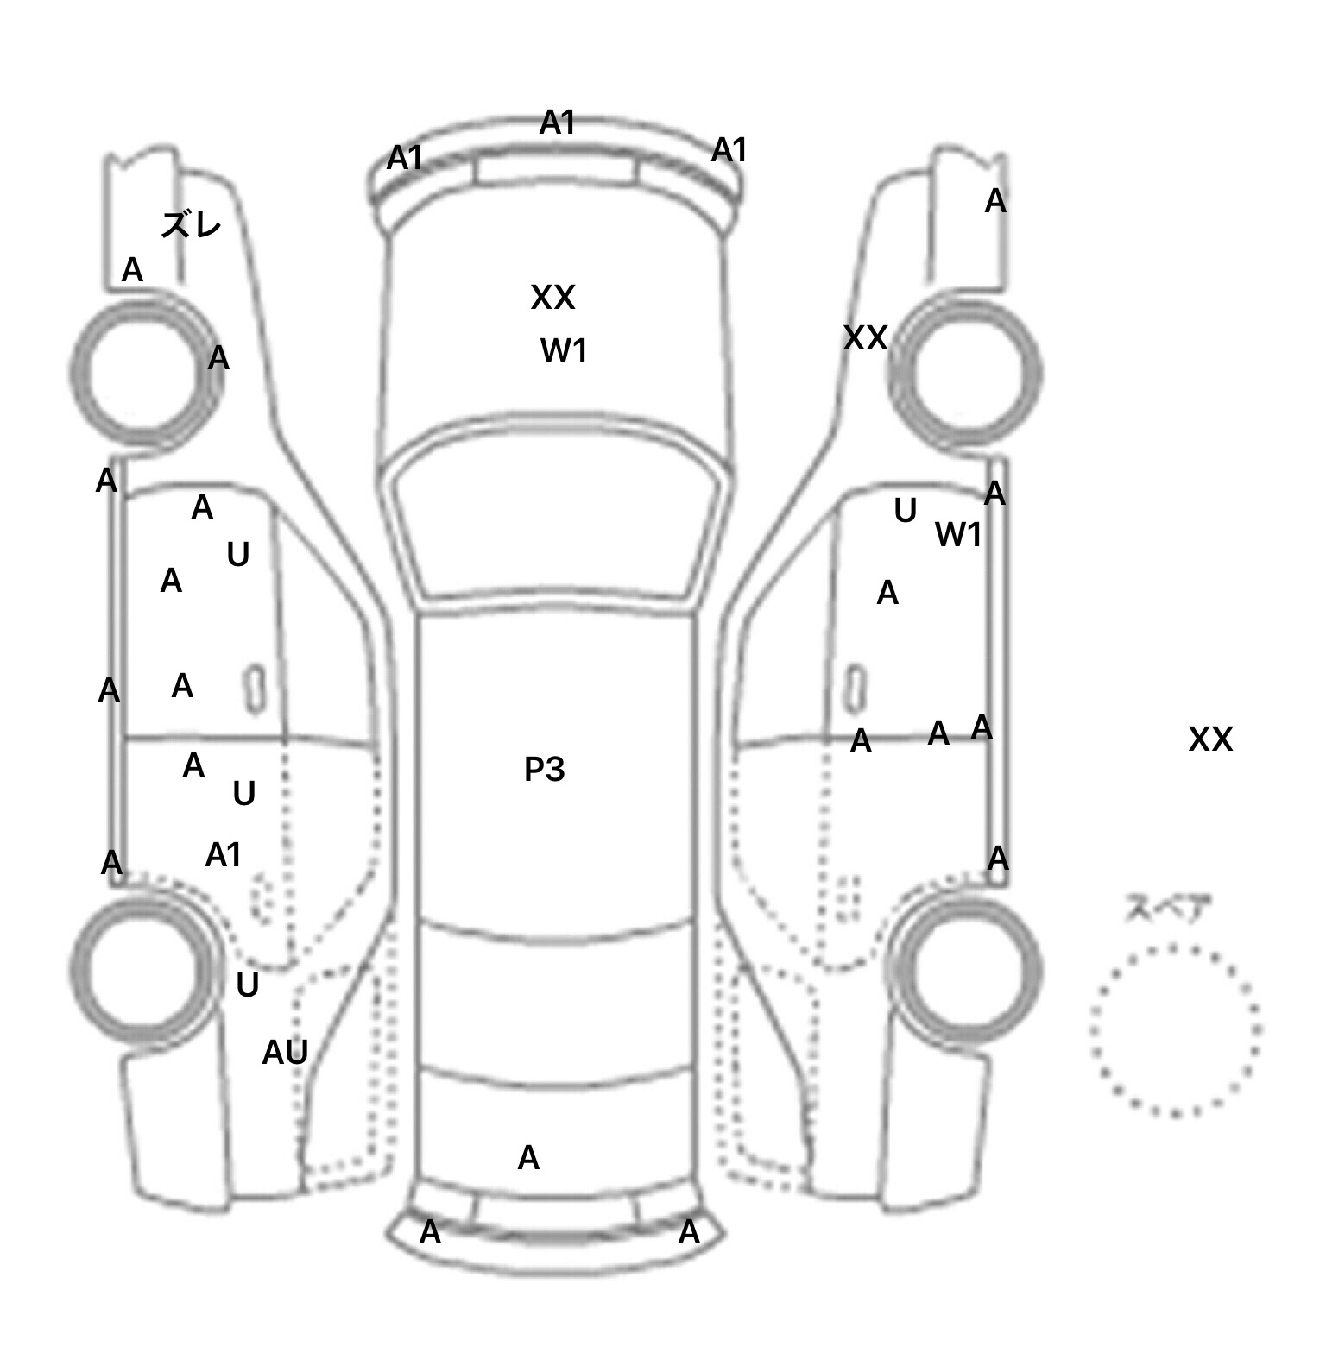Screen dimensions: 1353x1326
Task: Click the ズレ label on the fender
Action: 191,226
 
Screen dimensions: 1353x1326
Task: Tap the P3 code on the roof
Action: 544,770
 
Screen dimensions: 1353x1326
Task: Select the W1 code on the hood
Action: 564,351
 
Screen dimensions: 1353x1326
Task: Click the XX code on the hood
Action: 552,298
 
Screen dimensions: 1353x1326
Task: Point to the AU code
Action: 285,1053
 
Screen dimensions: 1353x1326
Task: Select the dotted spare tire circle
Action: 1175,1029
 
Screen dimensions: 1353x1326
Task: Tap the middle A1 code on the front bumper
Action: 557,123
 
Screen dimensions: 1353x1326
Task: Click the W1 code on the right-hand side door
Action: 958,536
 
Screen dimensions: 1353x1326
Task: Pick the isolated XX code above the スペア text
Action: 1210,739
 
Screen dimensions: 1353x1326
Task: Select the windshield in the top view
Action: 558,518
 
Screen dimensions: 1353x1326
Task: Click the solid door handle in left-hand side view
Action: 255,689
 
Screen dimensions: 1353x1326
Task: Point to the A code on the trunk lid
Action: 528,1158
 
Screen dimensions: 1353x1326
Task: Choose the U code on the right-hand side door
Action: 905,512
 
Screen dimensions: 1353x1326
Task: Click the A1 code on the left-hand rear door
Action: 223,855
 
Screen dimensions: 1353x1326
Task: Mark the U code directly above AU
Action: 248,985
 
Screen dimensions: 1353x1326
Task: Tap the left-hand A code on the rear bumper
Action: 430,1233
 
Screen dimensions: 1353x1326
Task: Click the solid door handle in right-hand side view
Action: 855,689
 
